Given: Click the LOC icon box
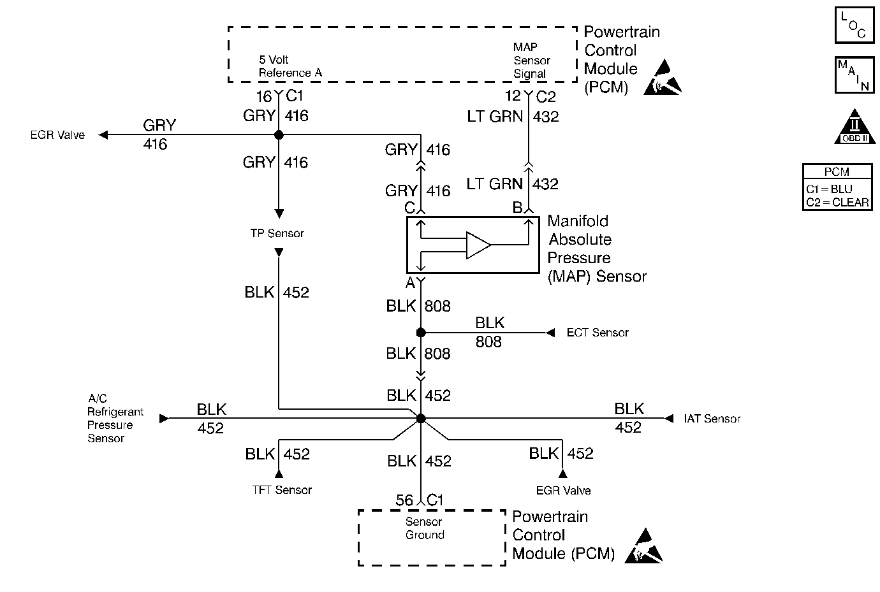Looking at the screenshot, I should pyautogui.click(x=854, y=25).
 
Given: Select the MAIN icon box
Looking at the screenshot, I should pyautogui.click(x=854, y=75).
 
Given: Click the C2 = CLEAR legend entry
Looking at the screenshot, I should pyautogui.click(x=837, y=202).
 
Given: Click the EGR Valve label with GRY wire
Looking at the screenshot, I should pyautogui.click(x=57, y=135).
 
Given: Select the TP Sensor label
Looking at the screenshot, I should pyautogui.click(x=277, y=233).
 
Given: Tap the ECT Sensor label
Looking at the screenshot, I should pyautogui.click(x=598, y=333).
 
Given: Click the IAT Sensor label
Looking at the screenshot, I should pyautogui.click(x=712, y=419).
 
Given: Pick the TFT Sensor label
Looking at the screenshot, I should pyautogui.click(x=282, y=490).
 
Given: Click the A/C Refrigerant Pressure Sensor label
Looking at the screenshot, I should pyautogui.click(x=115, y=419).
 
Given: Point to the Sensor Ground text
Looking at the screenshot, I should pyautogui.click(x=424, y=528).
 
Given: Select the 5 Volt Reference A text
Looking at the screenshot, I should pyautogui.click(x=290, y=66).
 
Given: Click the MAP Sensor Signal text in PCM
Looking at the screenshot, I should pyautogui.click(x=531, y=61).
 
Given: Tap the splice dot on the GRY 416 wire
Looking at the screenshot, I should pyautogui.click(x=279, y=135).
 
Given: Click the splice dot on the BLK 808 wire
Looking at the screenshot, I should pyautogui.click(x=421, y=333).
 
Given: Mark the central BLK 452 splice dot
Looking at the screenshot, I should pyautogui.click(x=421, y=419).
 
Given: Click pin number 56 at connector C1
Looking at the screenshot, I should pyautogui.click(x=404, y=500).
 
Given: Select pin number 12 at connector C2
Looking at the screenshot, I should pyautogui.click(x=513, y=96).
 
